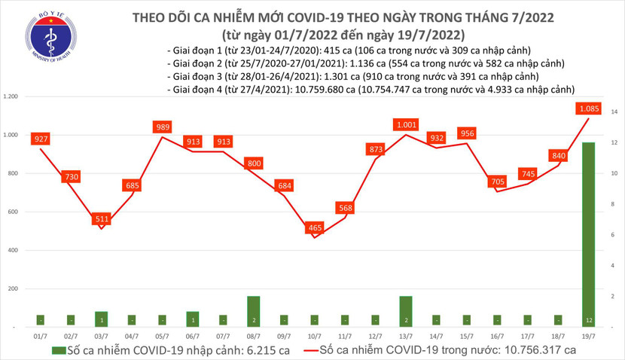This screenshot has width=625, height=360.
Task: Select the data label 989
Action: [163, 127]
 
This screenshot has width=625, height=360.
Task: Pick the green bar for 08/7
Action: [255, 311]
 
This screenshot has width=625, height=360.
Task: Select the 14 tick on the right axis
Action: [614, 111]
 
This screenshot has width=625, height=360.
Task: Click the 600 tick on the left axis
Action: [13, 212]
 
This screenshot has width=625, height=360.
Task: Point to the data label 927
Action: [41, 139]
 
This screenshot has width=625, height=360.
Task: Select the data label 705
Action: [498, 181]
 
